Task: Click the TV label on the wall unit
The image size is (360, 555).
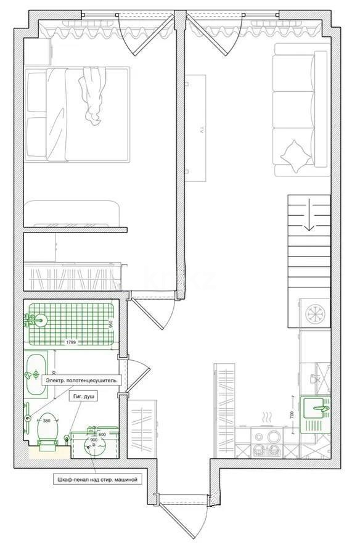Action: pos(200,129)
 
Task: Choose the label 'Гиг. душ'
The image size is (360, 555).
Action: pos(83,398)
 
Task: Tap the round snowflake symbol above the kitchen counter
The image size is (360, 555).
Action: pos(315,314)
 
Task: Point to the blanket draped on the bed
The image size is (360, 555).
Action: pos(93,96)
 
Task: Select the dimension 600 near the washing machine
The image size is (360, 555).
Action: pos(102,435)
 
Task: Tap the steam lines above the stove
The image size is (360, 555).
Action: pos(267,419)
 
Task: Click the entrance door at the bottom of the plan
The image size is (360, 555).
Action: pos(183,512)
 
